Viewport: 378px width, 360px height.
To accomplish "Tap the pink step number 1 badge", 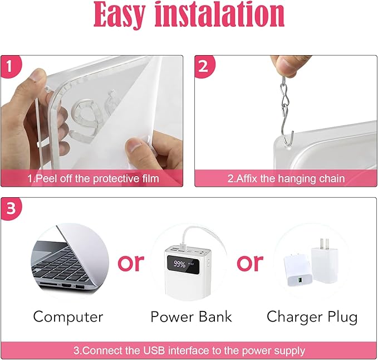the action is [x=10, y=66].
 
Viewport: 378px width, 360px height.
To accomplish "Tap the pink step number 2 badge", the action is [x=204, y=66].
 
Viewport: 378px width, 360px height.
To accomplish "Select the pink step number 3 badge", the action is [x=11, y=208].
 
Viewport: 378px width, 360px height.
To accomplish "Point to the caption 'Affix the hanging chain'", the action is [x=286, y=178].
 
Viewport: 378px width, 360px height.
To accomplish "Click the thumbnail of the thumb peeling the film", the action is [x=134, y=148].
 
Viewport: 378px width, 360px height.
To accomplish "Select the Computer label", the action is [x=68, y=317].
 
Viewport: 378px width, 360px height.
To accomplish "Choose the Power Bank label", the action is [x=191, y=317].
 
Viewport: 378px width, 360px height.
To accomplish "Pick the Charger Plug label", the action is [x=312, y=317].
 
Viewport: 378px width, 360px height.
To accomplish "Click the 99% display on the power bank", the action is [x=180, y=264].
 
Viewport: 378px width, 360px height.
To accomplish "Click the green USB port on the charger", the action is [x=300, y=280].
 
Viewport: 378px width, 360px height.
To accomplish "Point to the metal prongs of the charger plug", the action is [x=325, y=244].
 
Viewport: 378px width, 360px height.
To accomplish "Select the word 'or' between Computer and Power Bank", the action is [x=131, y=262].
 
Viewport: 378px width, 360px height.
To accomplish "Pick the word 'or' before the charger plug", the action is [x=250, y=262].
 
